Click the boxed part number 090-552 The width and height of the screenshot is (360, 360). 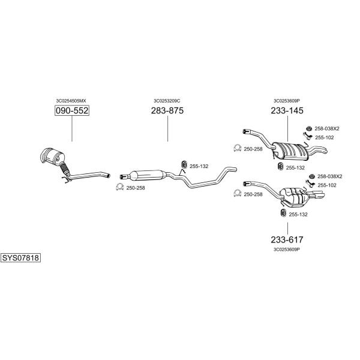click(x=72, y=110)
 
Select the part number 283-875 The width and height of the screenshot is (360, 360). click(x=167, y=110)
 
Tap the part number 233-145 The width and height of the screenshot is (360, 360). click(x=287, y=110)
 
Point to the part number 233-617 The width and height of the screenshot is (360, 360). click(x=287, y=239)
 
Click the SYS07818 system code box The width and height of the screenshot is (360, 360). click(x=20, y=258)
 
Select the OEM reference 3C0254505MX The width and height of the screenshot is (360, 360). click(x=71, y=101)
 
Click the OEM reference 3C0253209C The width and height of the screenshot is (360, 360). click(x=167, y=101)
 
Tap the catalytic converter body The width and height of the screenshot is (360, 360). click(x=52, y=156)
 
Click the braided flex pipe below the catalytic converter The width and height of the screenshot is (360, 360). click(x=65, y=169)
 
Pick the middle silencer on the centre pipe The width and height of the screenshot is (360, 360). click(x=148, y=175)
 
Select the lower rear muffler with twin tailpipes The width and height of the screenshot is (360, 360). click(x=293, y=196)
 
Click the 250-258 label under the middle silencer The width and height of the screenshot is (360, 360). click(x=136, y=188)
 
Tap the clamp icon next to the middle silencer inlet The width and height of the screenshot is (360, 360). click(x=119, y=187)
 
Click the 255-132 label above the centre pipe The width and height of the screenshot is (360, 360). click(x=199, y=166)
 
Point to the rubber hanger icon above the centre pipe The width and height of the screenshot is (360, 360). click(x=184, y=164)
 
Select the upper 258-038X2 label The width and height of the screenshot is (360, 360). click(x=327, y=128)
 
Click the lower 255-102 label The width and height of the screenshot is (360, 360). click(x=327, y=185)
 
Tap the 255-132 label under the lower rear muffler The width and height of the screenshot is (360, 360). click(x=298, y=214)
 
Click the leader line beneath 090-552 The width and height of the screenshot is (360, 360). click(x=72, y=128)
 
